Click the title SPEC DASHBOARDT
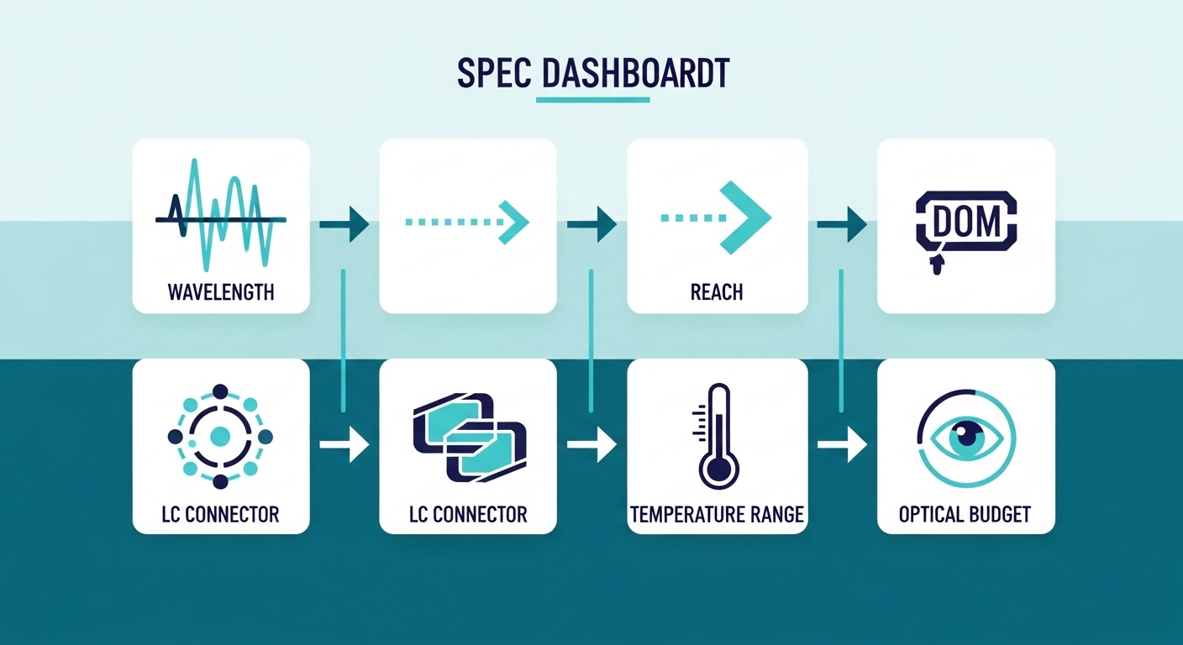point(593,75)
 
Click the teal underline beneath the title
point(592,100)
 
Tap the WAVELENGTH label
point(221,292)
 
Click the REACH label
point(717,292)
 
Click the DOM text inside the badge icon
point(966,222)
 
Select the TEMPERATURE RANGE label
point(717,515)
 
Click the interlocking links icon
point(469,438)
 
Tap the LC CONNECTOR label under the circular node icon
point(220,515)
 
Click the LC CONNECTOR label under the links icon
point(468,515)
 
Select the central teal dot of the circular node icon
point(220,436)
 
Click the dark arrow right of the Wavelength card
point(345,224)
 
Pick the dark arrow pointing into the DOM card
point(843,224)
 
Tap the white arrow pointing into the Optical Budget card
point(843,444)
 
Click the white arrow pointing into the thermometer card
point(592,444)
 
